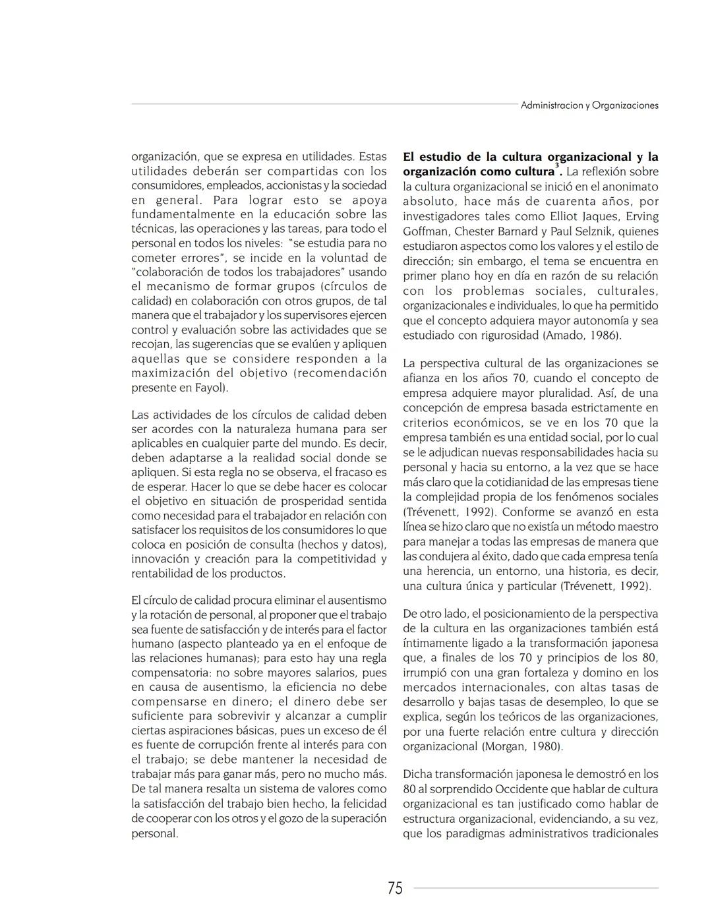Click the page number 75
click(395, 888)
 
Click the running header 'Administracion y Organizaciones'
click(589, 105)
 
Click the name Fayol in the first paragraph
click(211, 388)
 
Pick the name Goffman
click(427, 231)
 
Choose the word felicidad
click(359, 804)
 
